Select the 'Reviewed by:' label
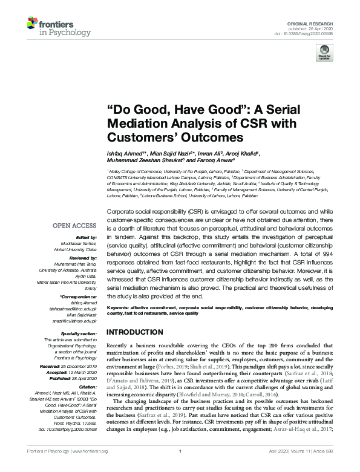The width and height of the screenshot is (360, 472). click(83, 241)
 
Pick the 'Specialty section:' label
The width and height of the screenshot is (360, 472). click(79, 315)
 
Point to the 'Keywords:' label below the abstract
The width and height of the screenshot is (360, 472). click(118, 308)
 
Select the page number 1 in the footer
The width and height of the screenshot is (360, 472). click(180, 468)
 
